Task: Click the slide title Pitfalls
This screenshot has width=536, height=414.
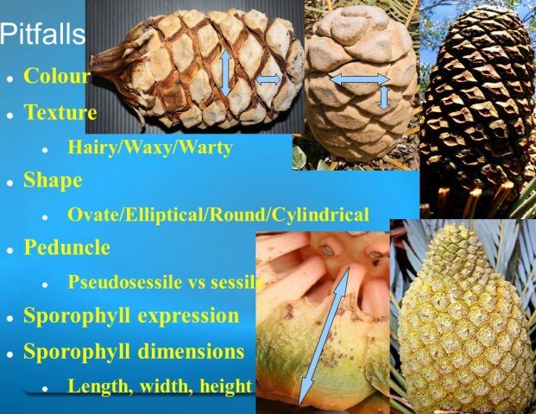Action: [x=42, y=34]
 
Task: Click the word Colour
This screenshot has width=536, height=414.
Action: [x=57, y=76]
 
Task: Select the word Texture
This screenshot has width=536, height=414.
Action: [x=60, y=111]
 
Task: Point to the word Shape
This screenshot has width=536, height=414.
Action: [x=53, y=179]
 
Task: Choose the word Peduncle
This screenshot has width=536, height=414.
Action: [x=66, y=247]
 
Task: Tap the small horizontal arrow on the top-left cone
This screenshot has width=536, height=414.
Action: [x=268, y=79]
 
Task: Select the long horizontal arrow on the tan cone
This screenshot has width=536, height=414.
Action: [x=359, y=79]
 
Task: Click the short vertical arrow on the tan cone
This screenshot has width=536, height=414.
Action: [x=385, y=98]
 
